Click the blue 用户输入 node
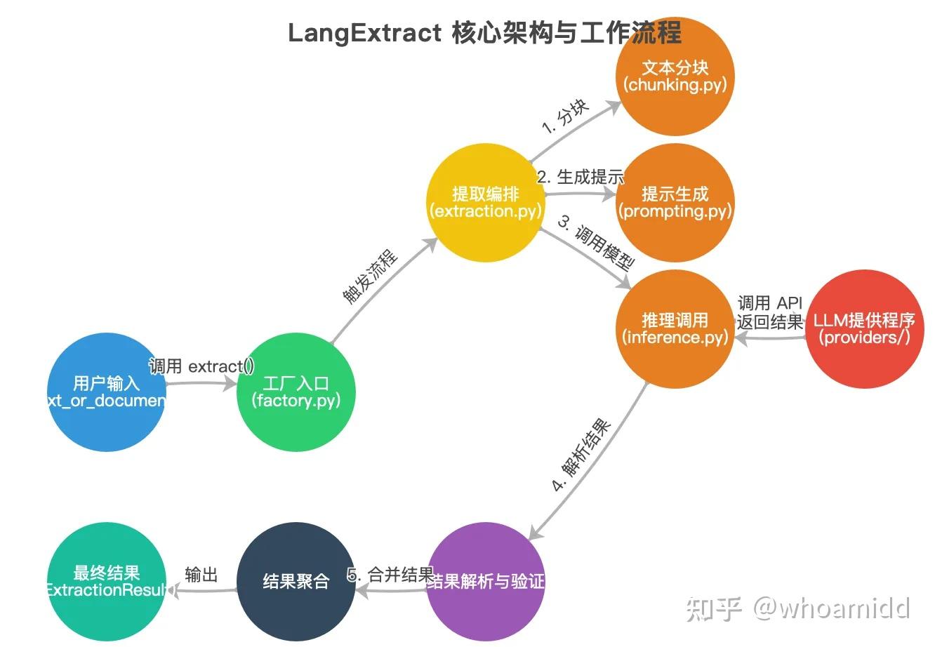click(107, 392)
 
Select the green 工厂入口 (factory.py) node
click(296, 392)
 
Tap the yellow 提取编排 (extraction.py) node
click(486, 203)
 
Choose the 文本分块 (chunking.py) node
click(675, 76)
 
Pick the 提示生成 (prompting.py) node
click(675, 203)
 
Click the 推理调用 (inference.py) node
click(675, 329)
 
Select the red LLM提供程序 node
click(864, 329)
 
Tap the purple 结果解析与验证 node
click(486, 582)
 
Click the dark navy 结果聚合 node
click(296, 582)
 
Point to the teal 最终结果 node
click(107, 582)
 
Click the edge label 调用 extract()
click(201, 366)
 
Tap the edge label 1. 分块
click(566, 116)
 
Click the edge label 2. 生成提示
click(581, 177)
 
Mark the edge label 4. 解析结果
click(581, 456)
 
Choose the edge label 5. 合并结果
click(391, 575)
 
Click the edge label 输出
click(201, 575)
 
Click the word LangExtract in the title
click(364, 33)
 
